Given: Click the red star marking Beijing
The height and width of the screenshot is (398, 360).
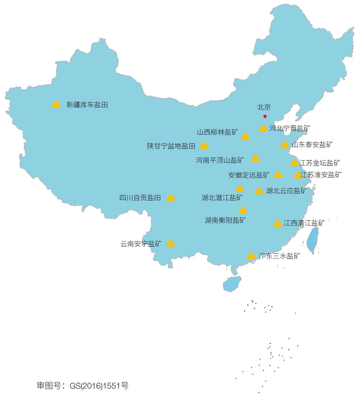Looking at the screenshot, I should click(x=265, y=116).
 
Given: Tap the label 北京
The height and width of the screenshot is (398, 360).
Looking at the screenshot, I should click(x=264, y=108).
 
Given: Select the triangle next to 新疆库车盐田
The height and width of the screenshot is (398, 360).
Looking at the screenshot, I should click(x=56, y=104).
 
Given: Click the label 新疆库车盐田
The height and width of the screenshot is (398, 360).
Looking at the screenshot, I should click(x=87, y=105).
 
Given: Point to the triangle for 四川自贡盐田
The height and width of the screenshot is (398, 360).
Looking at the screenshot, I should click(x=171, y=198).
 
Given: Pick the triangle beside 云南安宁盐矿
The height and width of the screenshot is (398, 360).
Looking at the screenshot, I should click(x=170, y=243).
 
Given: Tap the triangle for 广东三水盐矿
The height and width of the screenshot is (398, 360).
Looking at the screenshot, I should click(x=251, y=256).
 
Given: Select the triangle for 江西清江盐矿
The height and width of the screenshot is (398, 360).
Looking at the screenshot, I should click(x=277, y=223).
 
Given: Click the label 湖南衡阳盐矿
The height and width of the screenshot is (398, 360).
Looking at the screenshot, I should click(x=225, y=220).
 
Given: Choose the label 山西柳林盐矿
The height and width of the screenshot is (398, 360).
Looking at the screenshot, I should click(x=218, y=132).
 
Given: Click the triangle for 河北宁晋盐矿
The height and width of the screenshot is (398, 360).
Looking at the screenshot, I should click(x=263, y=128).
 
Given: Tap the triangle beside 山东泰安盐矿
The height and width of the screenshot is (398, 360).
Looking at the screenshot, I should click(x=285, y=145).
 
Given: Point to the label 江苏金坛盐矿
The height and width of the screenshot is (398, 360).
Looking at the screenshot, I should click(x=319, y=163).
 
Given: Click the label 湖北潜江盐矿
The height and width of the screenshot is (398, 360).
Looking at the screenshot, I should click(x=222, y=198).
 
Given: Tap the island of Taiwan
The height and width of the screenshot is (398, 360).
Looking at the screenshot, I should click(x=314, y=240).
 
